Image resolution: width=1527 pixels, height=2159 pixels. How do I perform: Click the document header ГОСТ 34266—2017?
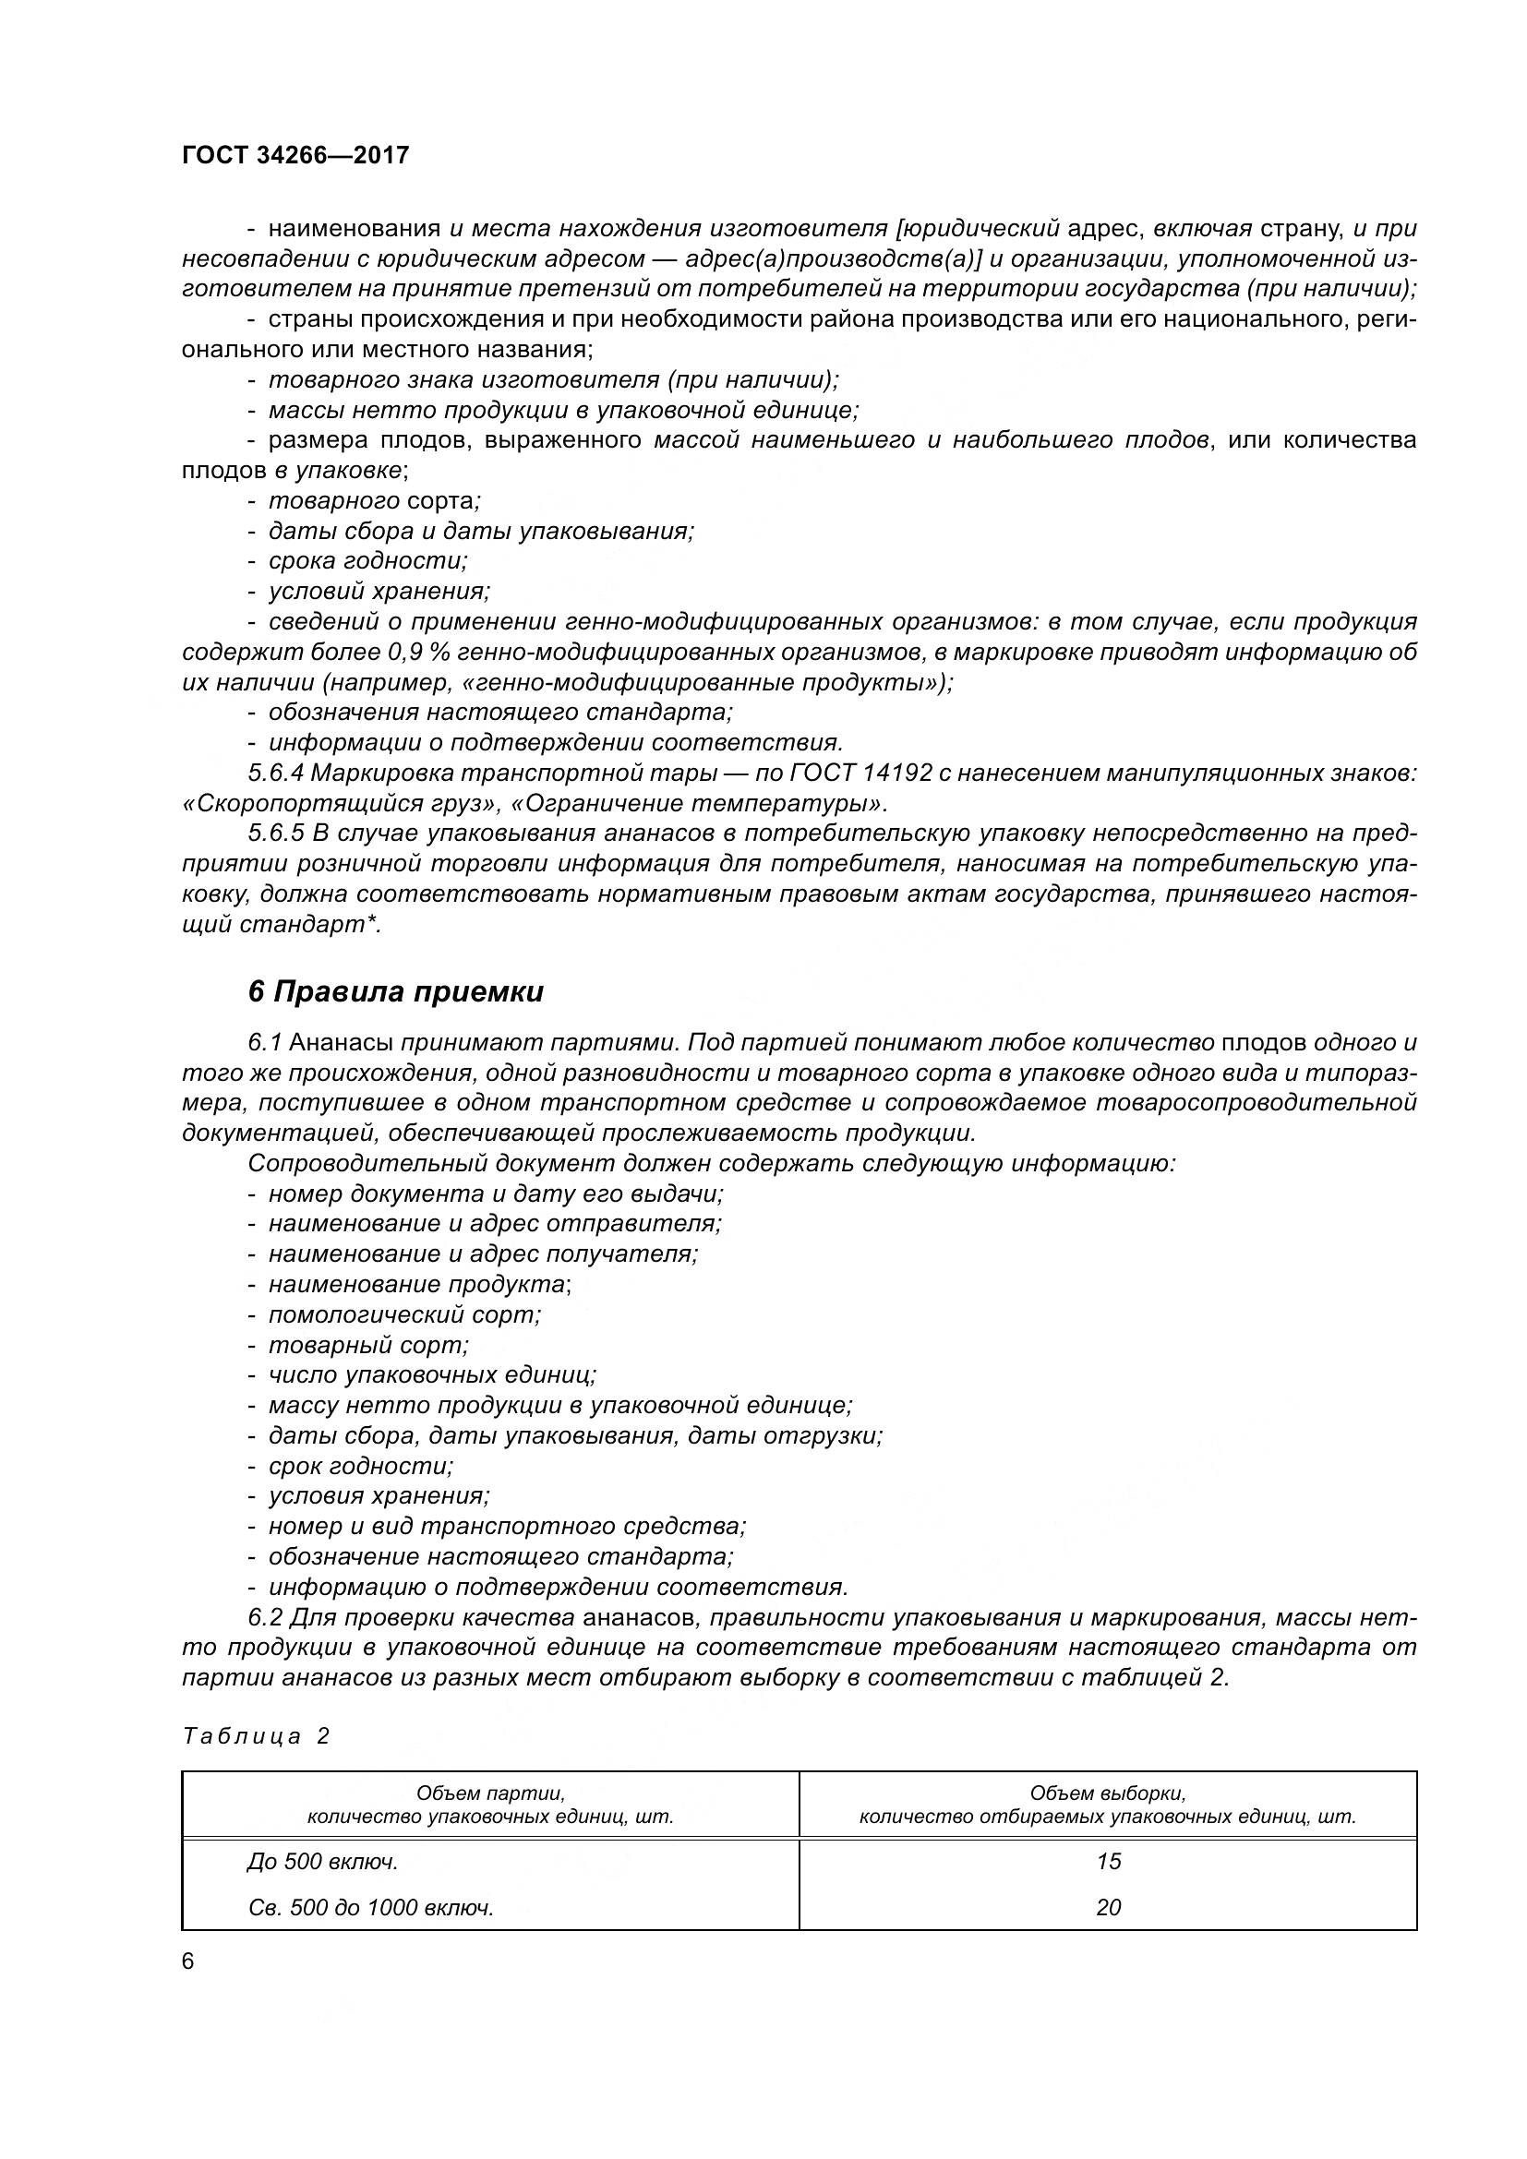point(295,155)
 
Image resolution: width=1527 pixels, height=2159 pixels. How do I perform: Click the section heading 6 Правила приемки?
point(396,992)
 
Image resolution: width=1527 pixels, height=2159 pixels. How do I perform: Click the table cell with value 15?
point(1108,1861)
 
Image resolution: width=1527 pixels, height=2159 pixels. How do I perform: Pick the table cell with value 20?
point(1108,1907)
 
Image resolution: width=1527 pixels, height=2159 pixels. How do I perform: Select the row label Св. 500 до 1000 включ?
point(371,1907)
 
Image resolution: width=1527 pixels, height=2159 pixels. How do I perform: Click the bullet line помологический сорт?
point(404,1314)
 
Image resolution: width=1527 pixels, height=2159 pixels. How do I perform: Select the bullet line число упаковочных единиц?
point(431,1374)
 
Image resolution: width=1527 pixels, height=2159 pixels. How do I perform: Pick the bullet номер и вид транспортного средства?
point(507,1525)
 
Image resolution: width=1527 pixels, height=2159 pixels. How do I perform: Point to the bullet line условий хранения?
point(379,592)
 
